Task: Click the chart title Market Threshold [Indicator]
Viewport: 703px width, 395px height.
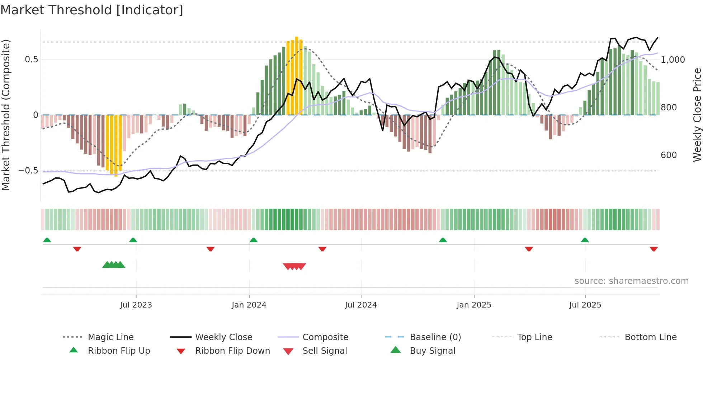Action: pos(92,10)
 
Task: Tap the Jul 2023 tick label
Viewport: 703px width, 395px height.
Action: pos(136,305)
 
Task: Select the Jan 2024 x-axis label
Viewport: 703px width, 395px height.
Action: pos(249,305)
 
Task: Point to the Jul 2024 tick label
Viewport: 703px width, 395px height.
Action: pos(361,305)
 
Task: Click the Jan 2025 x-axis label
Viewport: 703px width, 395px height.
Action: pos(474,305)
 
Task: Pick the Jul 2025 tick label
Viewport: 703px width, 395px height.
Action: pos(585,305)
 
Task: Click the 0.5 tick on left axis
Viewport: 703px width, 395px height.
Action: pos(32,60)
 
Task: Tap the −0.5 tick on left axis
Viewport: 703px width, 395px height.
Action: pos(28,171)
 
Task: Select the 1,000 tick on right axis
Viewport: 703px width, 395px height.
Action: pos(673,60)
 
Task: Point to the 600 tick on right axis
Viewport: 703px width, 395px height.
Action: pos(669,155)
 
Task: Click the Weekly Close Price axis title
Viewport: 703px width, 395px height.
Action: pos(697,115)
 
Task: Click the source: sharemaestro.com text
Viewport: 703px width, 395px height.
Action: pos(631,281)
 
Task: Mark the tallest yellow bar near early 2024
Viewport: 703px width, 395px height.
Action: pos(297,75)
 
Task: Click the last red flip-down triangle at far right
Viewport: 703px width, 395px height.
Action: pos(654,249)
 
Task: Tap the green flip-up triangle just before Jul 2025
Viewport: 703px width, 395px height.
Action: pos(585,240)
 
